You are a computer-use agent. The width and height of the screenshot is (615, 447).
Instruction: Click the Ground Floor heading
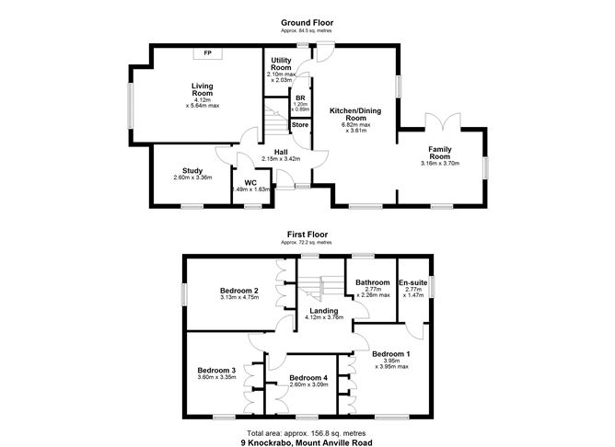coord(307,21)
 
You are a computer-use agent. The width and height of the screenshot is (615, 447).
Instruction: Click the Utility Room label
coord(280,64)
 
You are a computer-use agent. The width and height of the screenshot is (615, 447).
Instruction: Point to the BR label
coord(300,97)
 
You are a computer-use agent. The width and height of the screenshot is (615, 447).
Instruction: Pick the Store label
coord(300,124)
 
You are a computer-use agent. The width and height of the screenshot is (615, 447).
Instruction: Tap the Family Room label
coord(439,153)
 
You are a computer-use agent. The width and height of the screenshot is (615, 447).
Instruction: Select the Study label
coord(192,170)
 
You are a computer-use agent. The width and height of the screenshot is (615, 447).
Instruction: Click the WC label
coord(249,182)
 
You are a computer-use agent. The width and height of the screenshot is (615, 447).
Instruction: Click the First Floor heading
coord(307,235)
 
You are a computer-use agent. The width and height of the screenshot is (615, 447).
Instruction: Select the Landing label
coord(324,310)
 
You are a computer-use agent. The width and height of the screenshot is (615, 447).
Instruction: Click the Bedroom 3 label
coord(216,370)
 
